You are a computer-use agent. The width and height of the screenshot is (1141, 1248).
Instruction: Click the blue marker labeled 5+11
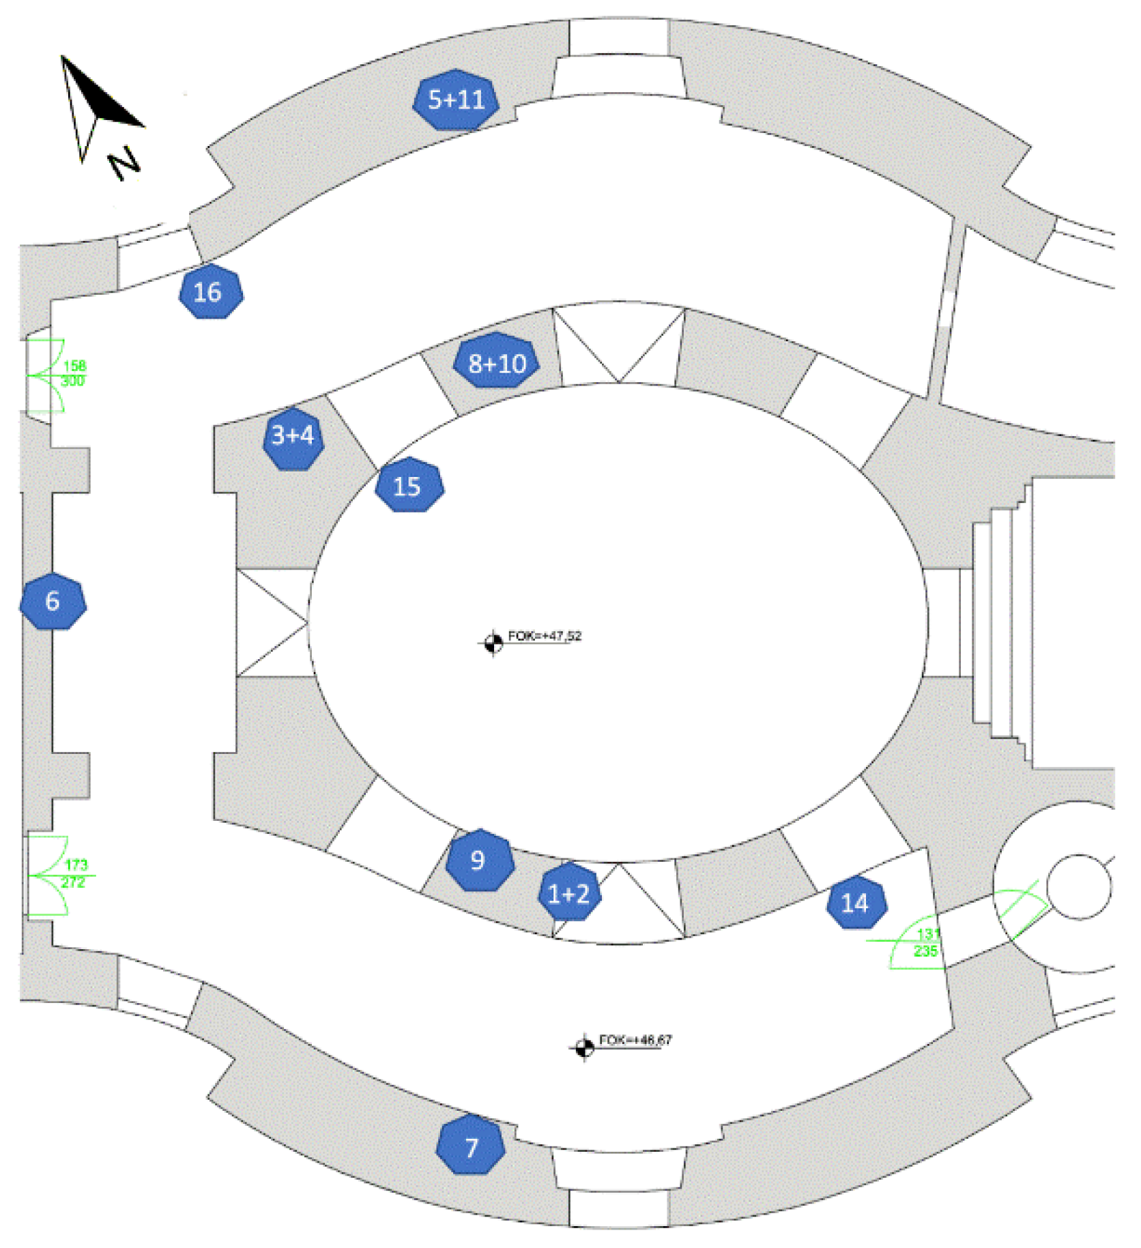pyautogui.click(x=456, y=100)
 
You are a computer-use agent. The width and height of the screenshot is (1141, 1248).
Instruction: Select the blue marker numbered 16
pyautogui.click(x=211, y=292)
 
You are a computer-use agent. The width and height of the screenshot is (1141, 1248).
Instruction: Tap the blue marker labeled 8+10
pyautogui.click(x=497, y=362)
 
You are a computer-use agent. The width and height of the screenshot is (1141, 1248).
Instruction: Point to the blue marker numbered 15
pyautogui.click(x=409, y=486)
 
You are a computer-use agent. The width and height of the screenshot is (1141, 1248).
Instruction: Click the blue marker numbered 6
pyautogui.click(x=53, y=601)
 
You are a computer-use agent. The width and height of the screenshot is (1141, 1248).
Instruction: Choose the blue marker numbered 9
pyautogui.click(x=479, y=860)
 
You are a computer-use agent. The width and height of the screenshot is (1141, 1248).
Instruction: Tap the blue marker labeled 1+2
pyautogui.click(x=569, y=893)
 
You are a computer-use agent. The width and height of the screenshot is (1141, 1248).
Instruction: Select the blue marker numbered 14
pyautogui.click(x=856, y=903)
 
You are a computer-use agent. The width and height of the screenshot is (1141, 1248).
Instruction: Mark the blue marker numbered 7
pyautogui.click(x=471, y=1148)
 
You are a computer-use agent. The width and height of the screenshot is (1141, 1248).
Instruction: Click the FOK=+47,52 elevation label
pyautogui.click(x=545, y=636)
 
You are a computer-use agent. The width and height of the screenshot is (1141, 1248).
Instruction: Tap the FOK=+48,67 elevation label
pyautogui.click(x=635, y=1040)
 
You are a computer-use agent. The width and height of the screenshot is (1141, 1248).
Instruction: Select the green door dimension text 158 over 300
pyautogui.click(x=73, y=373)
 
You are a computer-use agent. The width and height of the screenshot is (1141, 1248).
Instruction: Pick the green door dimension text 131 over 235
pyautogui.click(x=926, y=942)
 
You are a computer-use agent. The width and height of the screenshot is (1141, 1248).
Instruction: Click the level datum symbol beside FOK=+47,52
pyautogui.click(x=493, y=643)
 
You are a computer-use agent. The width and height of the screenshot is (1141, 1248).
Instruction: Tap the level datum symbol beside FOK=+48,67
pyautogui.click(x=583, y=1047)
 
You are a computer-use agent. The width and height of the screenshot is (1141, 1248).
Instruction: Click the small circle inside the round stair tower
pyautogui.click(x=1078, y=886)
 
